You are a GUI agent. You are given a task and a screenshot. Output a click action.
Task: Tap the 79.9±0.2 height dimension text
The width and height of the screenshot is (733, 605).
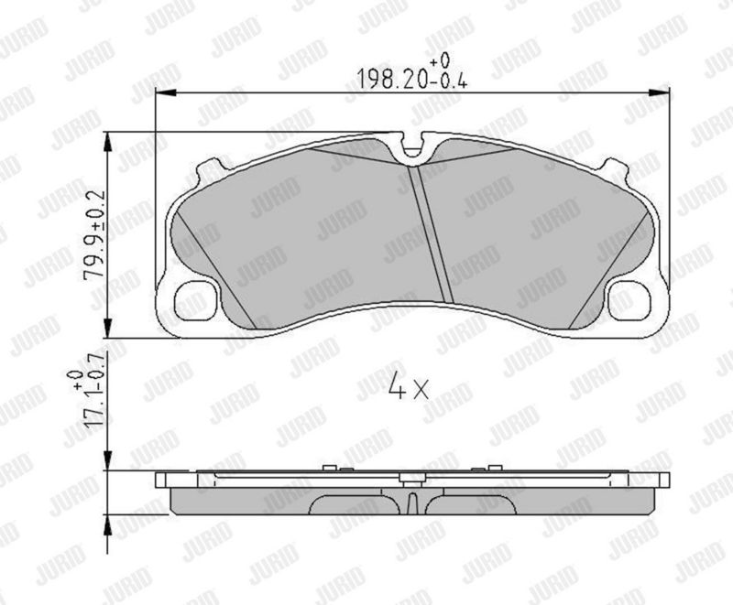[94, 235]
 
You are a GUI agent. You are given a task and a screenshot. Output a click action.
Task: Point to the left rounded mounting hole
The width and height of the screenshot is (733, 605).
[196, 301]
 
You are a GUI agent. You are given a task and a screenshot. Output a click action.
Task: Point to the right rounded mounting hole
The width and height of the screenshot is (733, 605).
[629, 301]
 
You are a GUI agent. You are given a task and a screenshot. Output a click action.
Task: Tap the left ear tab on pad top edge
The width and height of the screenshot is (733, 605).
[212, 169]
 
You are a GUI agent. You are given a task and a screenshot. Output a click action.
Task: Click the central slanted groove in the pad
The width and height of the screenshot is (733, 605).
[431, 234]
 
